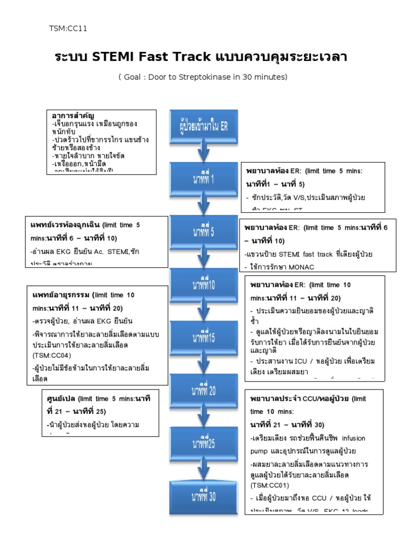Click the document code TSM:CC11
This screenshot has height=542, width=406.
[68, 29]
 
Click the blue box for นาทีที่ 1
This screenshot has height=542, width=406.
[203, 178]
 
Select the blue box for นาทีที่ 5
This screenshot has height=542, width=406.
[203, 231]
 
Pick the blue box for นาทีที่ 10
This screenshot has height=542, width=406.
[203, 285]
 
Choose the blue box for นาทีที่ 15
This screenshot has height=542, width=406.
[203, 337]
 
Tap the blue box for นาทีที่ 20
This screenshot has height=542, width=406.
[203, 390]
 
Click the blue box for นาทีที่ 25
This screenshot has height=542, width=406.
[203, 443]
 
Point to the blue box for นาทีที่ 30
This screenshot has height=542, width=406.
[203, 496]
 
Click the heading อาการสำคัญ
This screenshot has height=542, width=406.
[70, 115]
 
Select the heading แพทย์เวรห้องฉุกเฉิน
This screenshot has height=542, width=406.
[64, 225]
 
